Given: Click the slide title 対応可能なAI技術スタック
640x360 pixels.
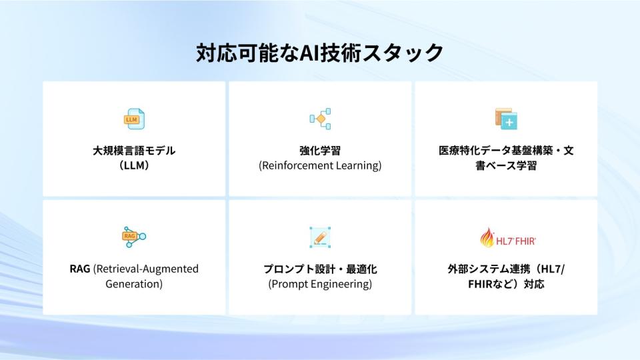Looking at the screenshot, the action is click(x=319, y=53).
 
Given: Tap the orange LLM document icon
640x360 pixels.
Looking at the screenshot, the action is click(x=134, y=119).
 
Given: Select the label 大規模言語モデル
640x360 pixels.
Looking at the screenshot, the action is click(x=134, y=151).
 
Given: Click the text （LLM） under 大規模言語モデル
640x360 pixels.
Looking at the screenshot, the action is click(x=134, y=165).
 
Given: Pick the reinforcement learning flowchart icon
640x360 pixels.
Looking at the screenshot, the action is click(x=320, y=119).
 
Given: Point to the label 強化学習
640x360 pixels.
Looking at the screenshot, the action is click(x=320, y=151).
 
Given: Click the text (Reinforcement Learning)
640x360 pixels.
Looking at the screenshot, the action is click(x=320, y=165).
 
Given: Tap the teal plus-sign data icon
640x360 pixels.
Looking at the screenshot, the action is click(x=506, y=119).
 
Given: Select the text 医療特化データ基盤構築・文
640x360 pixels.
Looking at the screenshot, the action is click(x=506, y=151).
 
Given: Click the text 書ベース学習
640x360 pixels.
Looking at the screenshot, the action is click(x=506, y=165).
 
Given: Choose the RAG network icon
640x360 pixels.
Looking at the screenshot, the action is click(x=134, y=237).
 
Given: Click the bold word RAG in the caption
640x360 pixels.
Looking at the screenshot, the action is click(x=80, y=269).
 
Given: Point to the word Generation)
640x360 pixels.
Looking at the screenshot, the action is click(x=134, y=284).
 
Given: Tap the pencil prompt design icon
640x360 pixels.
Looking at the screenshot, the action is click(x=320, y=237).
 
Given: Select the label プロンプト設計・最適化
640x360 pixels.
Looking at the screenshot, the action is click(x=320, y=269).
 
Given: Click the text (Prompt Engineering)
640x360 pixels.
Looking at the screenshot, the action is click(x=320, y=284).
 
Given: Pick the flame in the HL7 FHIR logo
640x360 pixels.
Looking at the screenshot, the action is click(x=487, y=237).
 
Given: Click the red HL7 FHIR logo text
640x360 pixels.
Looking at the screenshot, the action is click(x=516, y=241).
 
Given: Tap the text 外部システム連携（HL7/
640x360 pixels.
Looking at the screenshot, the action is click(x=506, y=269).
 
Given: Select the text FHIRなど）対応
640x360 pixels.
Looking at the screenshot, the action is click(x=506, y=284).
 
